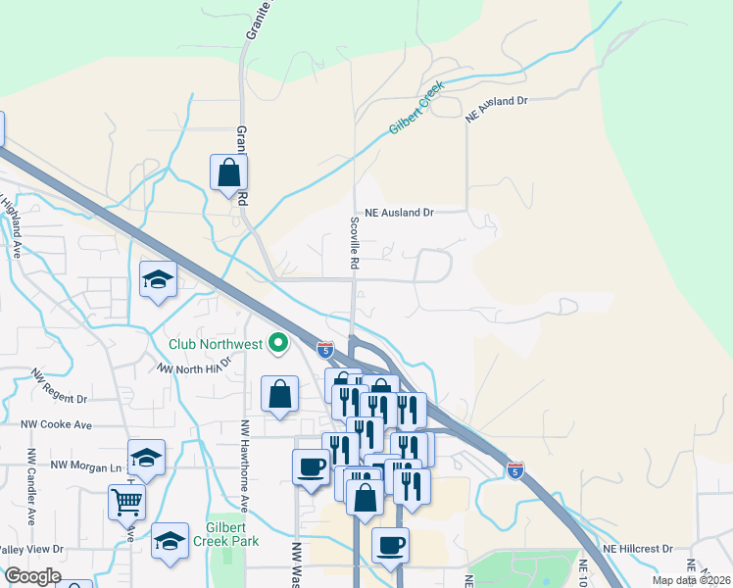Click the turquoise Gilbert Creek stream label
(x=416, y=108)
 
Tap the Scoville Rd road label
(x=355, y=243)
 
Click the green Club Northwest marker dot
(x=278, y=343)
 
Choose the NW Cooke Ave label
(x=56, y=424)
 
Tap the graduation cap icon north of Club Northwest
(x=158, y=279)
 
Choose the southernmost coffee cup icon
(x=390, y=546)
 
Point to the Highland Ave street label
(x=13, y=225)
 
